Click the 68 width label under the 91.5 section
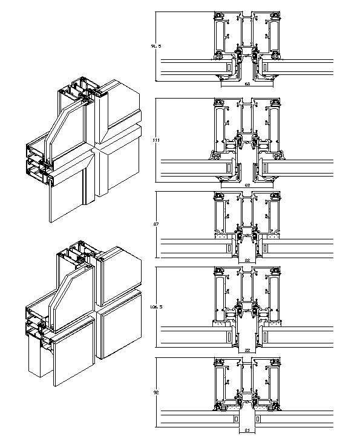[247, 83]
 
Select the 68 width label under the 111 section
[247, 184]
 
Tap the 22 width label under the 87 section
[247, 260]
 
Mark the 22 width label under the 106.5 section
[247, 350]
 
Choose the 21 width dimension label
[247, 431]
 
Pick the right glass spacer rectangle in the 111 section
[264, 166]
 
